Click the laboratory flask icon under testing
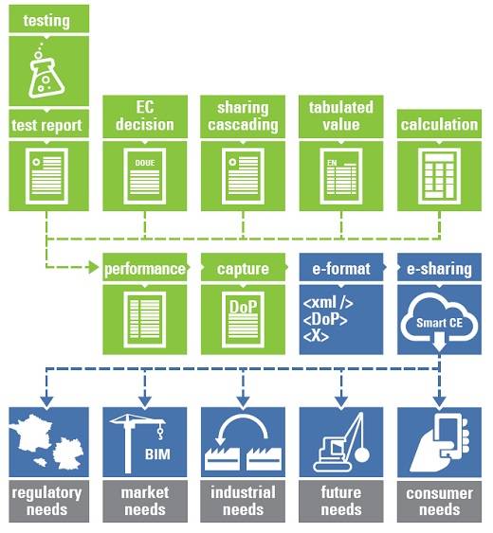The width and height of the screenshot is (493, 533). click(x=46, y=74)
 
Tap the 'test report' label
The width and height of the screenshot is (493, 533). click(x=46, y=125)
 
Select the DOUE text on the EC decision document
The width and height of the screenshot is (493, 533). click(x=145, y=163)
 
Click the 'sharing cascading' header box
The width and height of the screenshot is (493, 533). click(x=243, y=116)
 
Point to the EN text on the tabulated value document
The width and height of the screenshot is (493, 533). click(x=332, y=163)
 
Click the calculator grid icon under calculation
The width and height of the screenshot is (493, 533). click(x=439, y=176)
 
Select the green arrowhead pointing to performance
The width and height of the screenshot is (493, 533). click(x=93, y=267)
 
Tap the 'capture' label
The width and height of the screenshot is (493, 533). click(x=243, y=269)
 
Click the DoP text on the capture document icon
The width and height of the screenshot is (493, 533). click(x=243, y=307)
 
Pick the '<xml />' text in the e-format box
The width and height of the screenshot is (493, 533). click(x=328, y=302)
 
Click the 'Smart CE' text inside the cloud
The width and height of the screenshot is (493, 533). click(x=439, y=323)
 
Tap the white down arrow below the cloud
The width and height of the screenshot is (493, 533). click(x=439, y=342)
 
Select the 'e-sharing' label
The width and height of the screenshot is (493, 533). click(x=439, y=269)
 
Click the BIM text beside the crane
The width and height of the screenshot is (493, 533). click(x=157, y=454)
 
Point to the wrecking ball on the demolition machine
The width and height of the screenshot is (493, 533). click(x=361, y=454)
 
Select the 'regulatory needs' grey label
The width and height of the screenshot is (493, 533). click(x=46, y=501)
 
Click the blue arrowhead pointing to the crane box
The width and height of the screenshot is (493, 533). click(x=145, y=401)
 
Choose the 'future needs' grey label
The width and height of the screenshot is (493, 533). click(x=341, y=501)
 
